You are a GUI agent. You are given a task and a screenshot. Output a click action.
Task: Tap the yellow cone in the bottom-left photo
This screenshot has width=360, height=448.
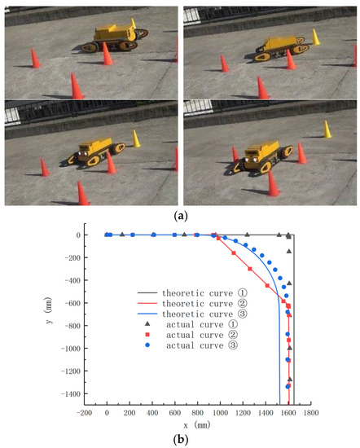137,138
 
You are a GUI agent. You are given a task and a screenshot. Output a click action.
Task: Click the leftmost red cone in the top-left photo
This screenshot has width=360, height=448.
34,59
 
